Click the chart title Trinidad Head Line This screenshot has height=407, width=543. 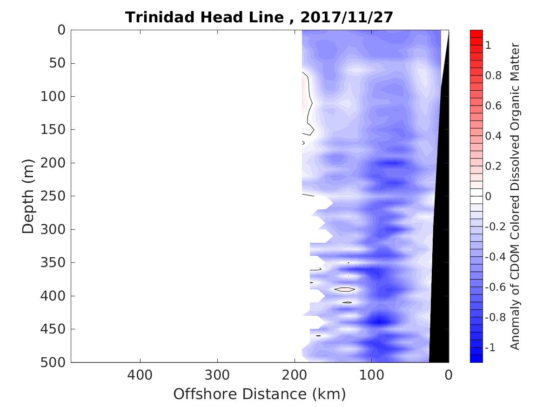pyautogui.click(x=204, y=17)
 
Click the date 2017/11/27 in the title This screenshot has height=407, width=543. pyautogui.click(x=347, y=17)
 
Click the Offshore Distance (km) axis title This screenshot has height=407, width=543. pyautogui.click(x=260, y=394)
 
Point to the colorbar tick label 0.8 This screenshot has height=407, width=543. pyautogui.click(x=494, y=75)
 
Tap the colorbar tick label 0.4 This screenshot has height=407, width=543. pyautogui.click(x=494, y=136)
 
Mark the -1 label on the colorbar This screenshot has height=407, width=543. pyautogui.click(x=491, y=348)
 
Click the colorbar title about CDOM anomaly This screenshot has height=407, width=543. pyautogui.click(x=516, y=196)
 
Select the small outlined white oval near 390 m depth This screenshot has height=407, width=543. pyautogui.click(x=345, y=289)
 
